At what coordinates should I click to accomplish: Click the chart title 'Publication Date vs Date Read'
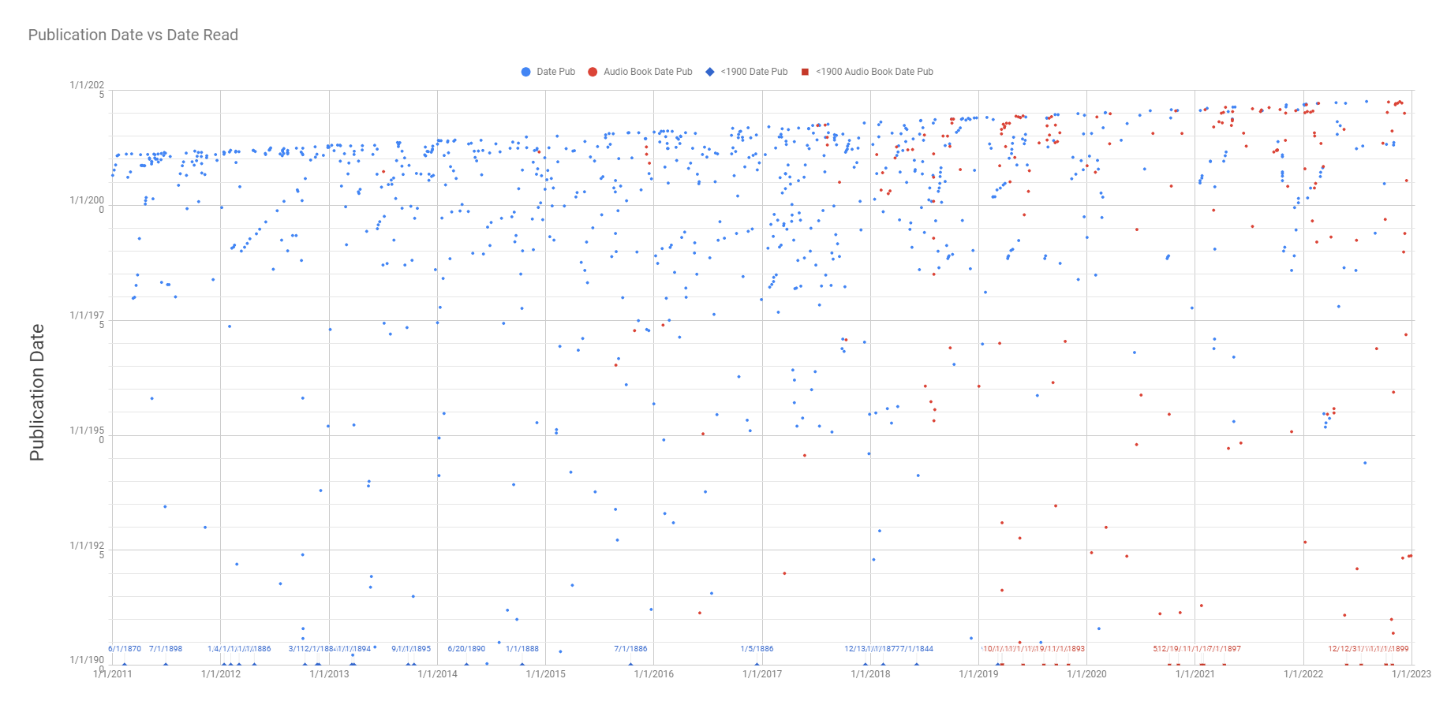coord(133,35)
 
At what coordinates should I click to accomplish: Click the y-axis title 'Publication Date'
coord(36,392)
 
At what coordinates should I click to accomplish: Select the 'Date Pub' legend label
coord(555,72)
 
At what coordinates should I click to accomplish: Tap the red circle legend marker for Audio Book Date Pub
coord(593,72)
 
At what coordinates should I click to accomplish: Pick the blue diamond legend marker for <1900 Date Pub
coord(710,72)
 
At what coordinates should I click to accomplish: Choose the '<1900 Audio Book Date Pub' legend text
coord(874,72)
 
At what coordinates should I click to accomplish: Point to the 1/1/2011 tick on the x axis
coord(113,674)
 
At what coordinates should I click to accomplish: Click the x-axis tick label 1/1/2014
coord(437,674)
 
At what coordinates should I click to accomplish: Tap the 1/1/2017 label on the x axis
coord(762,674)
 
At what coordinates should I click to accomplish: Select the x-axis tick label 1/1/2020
coord(1086,674)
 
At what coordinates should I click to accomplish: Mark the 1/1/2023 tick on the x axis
coord(1411,674)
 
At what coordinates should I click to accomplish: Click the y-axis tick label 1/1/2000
coord(87,204)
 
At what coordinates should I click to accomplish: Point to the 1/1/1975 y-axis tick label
coord(87,319)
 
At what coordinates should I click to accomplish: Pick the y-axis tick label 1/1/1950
coord(87,434)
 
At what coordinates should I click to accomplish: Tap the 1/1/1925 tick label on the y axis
coord(87,550)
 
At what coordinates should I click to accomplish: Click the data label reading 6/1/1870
coord(125,649)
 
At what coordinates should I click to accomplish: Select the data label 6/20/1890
coord(466,649)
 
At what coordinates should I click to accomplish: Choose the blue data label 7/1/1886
coord(630,649)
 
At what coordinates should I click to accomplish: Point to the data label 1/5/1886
coord(757,649)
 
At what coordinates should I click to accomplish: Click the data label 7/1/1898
coord(166,649)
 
